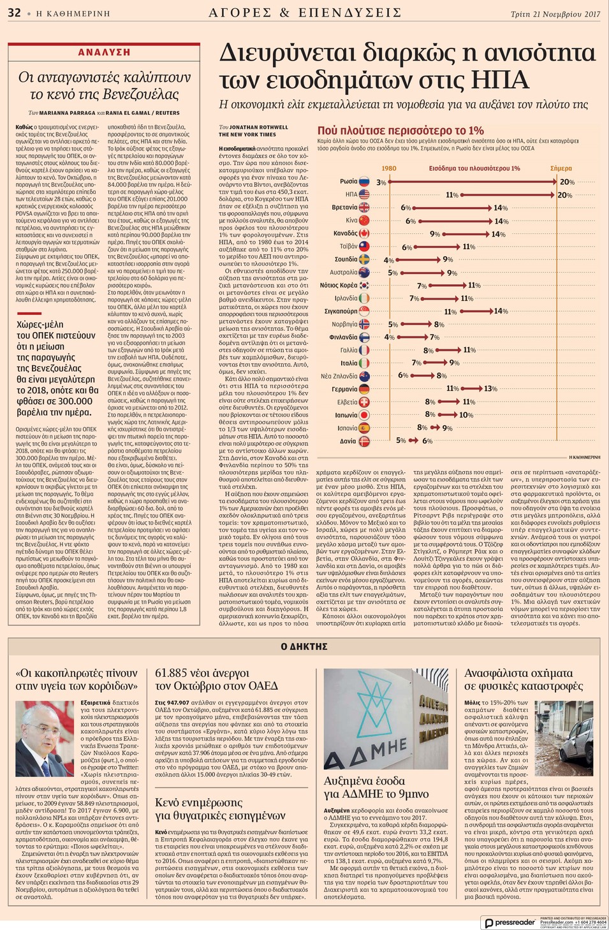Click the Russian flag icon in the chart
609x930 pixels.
364,182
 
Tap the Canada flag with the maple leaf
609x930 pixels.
364,233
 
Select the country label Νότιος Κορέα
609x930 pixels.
339,285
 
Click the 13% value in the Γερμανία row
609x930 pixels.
490,389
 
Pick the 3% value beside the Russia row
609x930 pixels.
381,182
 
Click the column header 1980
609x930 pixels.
388,168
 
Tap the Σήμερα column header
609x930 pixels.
561,168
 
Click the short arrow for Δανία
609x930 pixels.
414,440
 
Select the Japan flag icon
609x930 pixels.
364,415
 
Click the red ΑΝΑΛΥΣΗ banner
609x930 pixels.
104,52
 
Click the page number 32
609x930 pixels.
14,13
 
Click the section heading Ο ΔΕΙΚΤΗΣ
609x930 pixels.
304,646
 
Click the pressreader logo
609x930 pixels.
510,922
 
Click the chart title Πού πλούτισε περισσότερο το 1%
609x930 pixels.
400,131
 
